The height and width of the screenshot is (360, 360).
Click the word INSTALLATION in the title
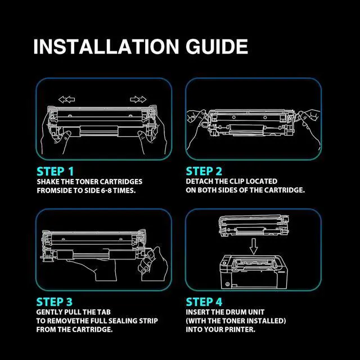click(x=106, y=47)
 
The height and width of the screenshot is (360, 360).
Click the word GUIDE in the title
click(x=217, y=47)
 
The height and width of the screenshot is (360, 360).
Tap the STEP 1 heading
click(x=55, y=172)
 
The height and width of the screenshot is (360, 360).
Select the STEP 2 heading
click(x=204, y=171)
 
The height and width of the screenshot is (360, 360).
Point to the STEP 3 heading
click(x=55, y=302)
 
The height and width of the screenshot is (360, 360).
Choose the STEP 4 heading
click(x=204, y=302)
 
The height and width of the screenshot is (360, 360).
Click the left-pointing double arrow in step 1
click(x=66, y=100)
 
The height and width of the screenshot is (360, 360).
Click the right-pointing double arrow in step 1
click(x=138, y=100)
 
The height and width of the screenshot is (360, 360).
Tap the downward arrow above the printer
click(x=254, y=246)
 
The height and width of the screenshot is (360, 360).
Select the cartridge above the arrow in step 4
click(x=254, y=226)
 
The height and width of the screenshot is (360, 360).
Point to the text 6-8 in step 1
click(x=106, y=191)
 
